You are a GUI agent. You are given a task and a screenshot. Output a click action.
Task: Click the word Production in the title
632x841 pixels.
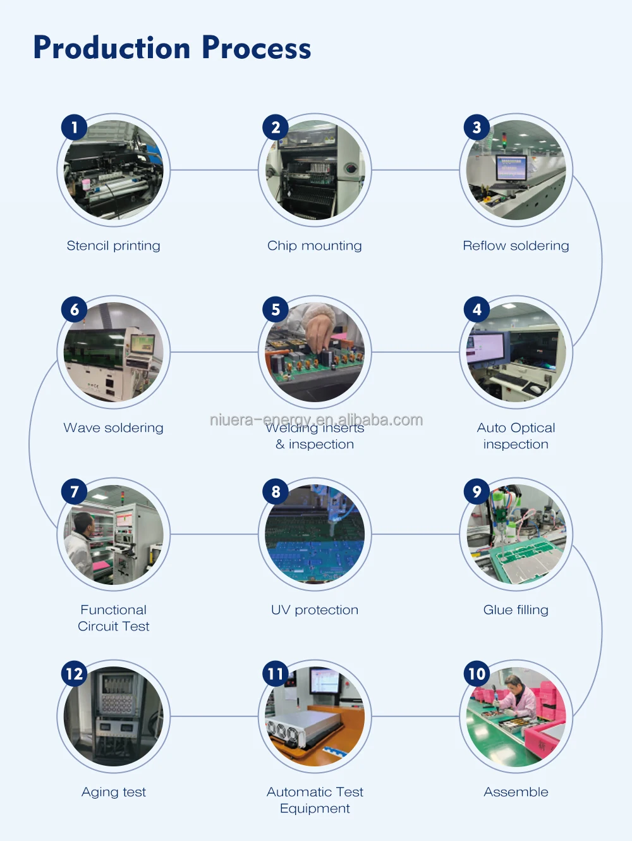[112, 48]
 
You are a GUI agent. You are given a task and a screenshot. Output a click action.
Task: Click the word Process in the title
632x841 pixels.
[257, 48]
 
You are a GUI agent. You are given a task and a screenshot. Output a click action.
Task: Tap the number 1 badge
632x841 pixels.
[75, 127]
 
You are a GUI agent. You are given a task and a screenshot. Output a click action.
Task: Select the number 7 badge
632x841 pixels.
[75, 491]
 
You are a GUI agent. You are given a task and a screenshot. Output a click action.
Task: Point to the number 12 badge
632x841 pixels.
[75, 673]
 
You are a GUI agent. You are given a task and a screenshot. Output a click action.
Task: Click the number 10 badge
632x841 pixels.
[477, 673]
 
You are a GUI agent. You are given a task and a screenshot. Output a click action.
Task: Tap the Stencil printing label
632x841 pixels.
[113, 246]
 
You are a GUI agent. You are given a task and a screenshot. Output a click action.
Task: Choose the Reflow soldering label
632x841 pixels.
[516, 246]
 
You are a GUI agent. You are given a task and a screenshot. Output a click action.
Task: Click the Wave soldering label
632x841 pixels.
[113, 427]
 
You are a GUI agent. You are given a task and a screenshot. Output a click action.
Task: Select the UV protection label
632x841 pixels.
[315, 610]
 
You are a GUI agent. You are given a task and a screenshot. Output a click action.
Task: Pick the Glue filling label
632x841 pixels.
[516, 610]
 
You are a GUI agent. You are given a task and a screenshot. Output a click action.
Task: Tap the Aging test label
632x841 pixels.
[114, 792]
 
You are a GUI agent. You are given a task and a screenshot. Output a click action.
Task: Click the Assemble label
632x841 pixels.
[516, 792]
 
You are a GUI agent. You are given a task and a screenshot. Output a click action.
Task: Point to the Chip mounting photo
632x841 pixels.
[315, 169]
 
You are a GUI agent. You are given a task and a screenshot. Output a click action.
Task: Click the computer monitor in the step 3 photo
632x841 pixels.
[511, 168]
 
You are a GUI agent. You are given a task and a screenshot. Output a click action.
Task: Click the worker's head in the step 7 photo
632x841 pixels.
[84, 523]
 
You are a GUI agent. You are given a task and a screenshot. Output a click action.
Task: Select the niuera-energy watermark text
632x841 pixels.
[316, 419]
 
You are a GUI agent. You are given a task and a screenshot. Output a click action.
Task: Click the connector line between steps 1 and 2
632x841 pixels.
[214, 169]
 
